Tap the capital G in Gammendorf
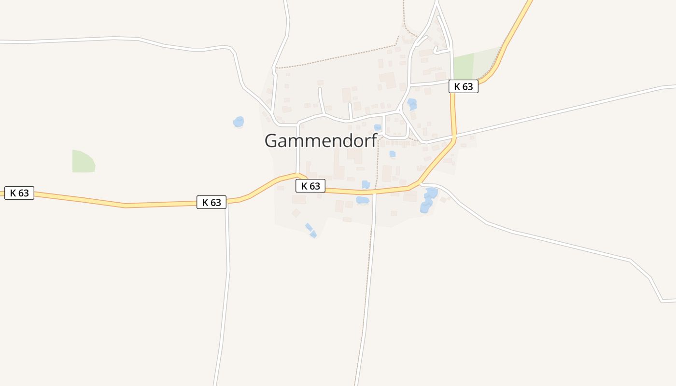271,141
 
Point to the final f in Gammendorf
374,140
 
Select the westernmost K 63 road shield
19,193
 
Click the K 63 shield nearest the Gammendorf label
310,186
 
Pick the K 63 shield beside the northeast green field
464,86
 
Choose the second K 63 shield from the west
211,202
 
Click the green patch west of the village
83,162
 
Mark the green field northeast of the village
471,65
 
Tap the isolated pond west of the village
239,122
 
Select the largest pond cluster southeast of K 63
428,200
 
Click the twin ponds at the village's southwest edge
311,230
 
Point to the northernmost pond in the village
412,104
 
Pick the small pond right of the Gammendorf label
378,127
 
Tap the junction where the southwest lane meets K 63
226,202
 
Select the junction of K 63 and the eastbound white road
454,138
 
